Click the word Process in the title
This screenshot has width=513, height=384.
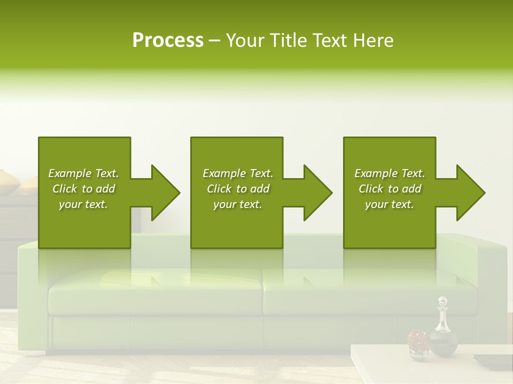point(168,41)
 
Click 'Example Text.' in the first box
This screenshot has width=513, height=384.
point(83,173)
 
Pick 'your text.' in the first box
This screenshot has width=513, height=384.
point(83,204)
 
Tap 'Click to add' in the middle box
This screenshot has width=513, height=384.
point(238,189)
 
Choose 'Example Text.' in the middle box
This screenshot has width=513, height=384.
point(238,173)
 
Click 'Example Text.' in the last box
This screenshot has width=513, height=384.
point(390,173)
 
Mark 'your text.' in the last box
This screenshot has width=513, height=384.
point(390,204)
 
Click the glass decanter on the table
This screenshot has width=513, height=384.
point(443,339)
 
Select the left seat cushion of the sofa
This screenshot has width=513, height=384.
point(155,292)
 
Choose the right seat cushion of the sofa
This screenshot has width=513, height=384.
point(342,292)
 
